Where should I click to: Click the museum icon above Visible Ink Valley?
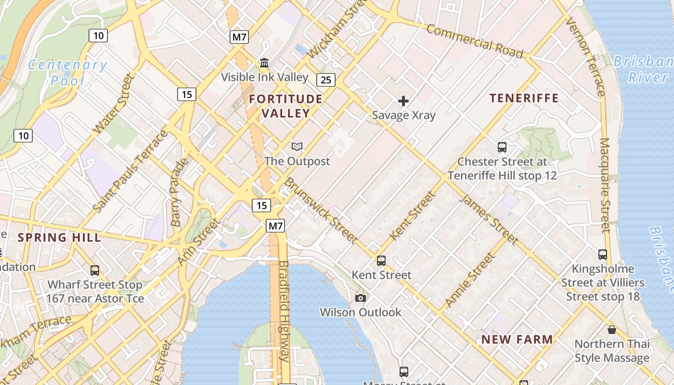pyautogui.click(x=264, y=63)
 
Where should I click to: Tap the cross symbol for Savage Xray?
pyautogui.click(x=403, y=101)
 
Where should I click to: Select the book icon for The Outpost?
pyautogui.click(x=297, y=146)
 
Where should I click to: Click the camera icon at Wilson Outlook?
pyautogui.click(x=360, y=298)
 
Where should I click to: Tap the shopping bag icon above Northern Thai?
pyautogui.click(x=611, y=330)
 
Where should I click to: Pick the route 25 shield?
pyautogui.click(x=326, y=79)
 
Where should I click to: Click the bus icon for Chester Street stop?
pyautogui.click(x=502, y=147)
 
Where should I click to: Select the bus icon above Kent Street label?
pyautogui.click(x=381, y=261)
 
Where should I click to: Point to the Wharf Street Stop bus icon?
pyautogui.click(x=95, y=270)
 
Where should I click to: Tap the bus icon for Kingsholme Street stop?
pyautogui.click(x=602, y=255)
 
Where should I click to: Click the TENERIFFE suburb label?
pyautogui.click(x=524, y=98)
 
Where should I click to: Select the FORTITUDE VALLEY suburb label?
pyautogui.click(x=286, y=106)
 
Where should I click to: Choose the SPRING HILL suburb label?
pyautogui.click(x=60, y=237)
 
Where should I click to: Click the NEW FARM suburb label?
pyautogui.click(x=517, y=339)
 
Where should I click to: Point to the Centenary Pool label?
pyautogui.click(x=67, y=72)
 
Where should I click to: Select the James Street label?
pyautogui.click(x=489, y=219)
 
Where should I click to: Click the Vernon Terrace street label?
pyautogui.click(x=585, y=57)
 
